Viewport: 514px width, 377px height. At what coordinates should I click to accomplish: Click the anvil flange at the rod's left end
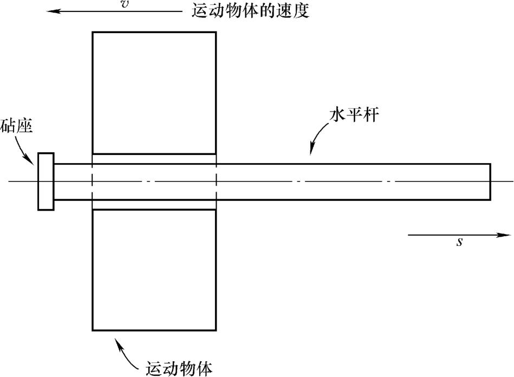click(x=45, y=181)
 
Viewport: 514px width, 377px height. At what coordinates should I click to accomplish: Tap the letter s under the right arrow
click(x=459, y=242)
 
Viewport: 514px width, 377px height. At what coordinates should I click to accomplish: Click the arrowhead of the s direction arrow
click(x=506, y=235)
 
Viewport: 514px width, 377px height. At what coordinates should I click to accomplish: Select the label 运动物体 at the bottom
click(x=179, y=368)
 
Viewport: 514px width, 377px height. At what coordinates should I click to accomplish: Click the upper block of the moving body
click(x=154, y=93)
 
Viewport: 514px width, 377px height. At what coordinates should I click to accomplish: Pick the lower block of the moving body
click(x=154, y=270)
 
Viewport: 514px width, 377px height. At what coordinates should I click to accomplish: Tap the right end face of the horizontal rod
click(x=490, y=181)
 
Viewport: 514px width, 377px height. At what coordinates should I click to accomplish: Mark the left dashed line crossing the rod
click(x=93, y=181)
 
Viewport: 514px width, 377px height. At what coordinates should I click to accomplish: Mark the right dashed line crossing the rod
click(x=216, y=181)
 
